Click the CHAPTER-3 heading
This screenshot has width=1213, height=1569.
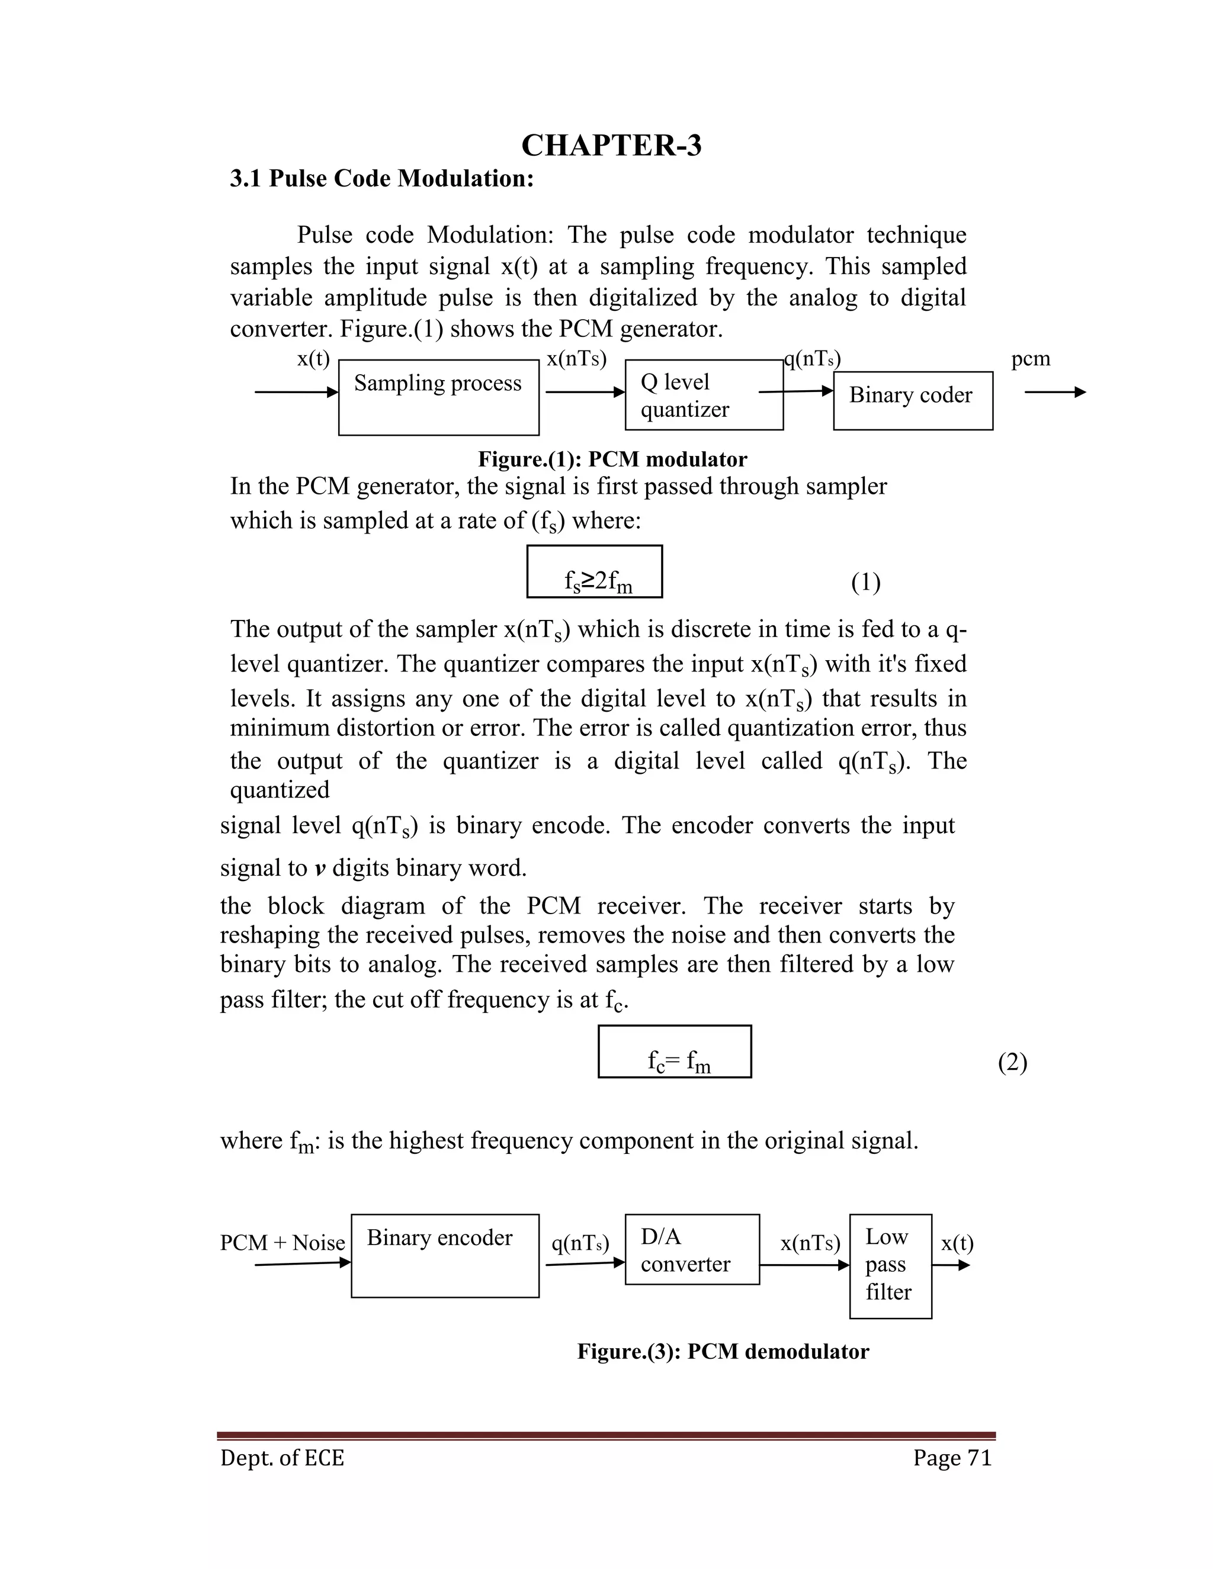[611, 146]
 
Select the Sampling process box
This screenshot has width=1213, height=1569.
[438, 397]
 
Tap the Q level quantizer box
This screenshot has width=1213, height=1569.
[704, 395]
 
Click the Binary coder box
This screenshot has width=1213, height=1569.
[913, 400]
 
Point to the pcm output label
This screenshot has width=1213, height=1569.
[1031, 358]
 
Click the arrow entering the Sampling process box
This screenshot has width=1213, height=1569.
[296, 392]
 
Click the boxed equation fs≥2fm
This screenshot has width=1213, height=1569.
[594, 572]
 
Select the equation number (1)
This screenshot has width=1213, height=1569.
[866, 582]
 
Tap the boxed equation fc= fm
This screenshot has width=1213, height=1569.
[675, 1052]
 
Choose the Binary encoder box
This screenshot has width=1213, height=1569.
[445, 1256]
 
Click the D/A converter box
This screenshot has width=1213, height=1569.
[692, 1249]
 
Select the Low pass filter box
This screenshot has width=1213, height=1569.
[890, 1266]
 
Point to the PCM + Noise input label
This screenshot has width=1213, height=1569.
[283, 1243]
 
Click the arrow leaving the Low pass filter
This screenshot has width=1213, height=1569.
[951, 1266]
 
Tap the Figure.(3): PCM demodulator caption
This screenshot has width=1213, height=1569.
[723, 1352]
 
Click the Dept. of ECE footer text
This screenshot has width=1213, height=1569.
[283, 1458]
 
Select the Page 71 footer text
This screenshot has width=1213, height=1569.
[952, 1458]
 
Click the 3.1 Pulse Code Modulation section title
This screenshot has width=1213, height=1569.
[381, 178]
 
